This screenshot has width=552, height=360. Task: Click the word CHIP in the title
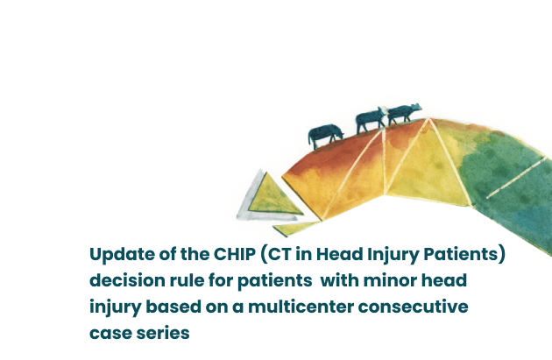[x=235, y=254]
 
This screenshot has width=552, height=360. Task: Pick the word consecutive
[x=414, y=307]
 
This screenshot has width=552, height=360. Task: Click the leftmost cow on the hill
[x=325, y=135]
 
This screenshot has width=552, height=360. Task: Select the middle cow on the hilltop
[x=371, y=120]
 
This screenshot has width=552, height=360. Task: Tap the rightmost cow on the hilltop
[x=403, y=114]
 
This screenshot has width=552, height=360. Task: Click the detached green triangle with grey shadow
[x=269, y=196]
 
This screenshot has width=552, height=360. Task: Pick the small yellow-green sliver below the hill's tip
[x=295, y=229]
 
